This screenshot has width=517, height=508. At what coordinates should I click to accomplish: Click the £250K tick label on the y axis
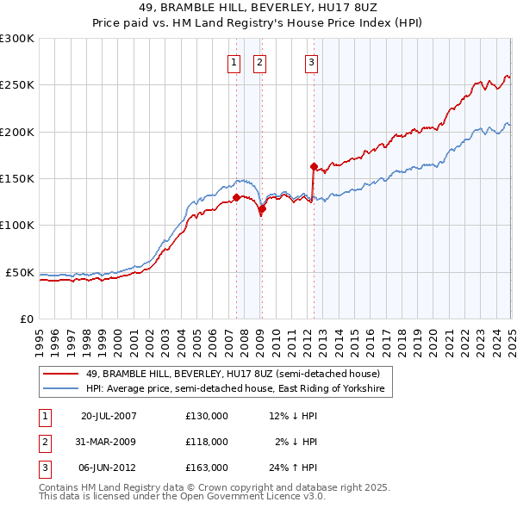tap(16, 85)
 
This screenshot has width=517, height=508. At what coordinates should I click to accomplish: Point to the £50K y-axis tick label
tap(20, 272)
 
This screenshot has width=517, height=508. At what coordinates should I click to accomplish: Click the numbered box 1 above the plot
tap(234, 61)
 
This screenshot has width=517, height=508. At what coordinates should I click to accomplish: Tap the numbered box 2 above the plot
tap(259, 61)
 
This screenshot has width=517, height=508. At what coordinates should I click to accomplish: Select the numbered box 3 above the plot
tap(311, 61)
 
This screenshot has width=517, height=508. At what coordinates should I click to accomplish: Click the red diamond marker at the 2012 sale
tap(314, 166)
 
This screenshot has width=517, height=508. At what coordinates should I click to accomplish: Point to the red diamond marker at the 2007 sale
tap(236, 197)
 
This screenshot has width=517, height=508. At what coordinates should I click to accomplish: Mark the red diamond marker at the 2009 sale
tap(263, 208)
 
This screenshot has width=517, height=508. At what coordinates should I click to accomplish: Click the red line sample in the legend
tap(59, 374)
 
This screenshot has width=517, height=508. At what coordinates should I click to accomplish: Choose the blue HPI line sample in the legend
tap(59, 389)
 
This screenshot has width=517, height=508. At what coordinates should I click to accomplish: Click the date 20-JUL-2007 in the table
tap(109, 416)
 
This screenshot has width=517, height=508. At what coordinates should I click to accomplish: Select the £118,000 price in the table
tap(207, 442)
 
